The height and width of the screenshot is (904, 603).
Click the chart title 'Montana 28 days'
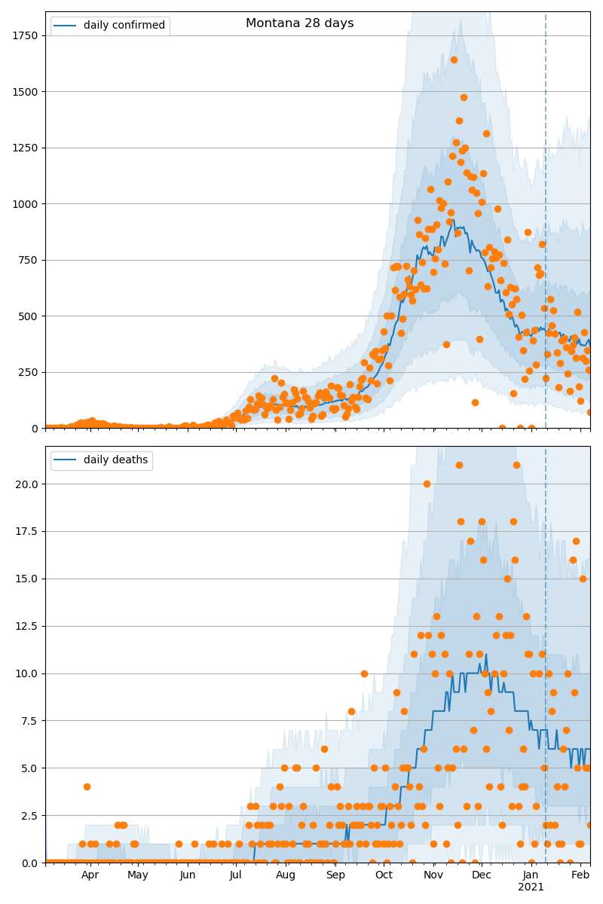[299, 23]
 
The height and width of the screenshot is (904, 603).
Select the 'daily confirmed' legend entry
[110, 26]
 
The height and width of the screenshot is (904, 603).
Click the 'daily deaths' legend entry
[102, 460]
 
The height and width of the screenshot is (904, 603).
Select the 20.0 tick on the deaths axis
[29, 484]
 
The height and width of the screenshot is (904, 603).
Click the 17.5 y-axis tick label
[29, 531]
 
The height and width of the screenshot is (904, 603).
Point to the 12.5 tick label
[29, 626]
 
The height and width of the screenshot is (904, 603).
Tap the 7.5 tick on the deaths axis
[31, 721]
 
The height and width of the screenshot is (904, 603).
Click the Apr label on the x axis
[90, 875]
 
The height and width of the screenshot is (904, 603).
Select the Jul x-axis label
[236, 875]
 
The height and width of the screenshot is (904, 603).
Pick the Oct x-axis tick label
[384, 875]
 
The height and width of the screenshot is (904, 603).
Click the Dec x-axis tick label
[482, 875]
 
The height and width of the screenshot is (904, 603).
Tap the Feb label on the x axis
[580, 875]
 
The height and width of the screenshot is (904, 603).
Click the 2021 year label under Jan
[531, 887]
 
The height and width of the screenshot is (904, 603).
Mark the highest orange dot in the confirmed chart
[454, 60]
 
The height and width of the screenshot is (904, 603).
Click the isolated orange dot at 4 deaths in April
[87, 786]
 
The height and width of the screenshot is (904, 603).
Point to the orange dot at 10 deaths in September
[364, 673]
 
